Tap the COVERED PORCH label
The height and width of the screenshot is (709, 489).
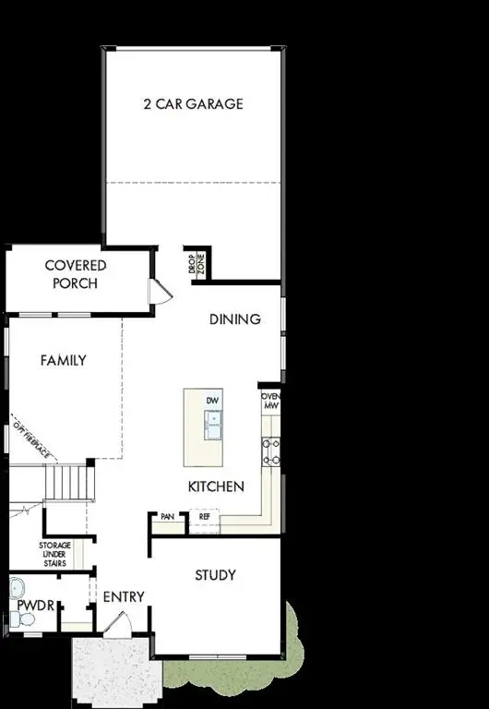[76, 274]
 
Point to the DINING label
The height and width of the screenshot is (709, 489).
[235, 319]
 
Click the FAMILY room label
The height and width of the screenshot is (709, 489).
[63, 360]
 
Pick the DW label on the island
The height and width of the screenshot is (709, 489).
[213, 401]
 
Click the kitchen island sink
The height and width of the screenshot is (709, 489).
[214, 427]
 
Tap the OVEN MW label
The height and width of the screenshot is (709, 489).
[271, 401]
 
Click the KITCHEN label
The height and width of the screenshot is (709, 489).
[216, 487]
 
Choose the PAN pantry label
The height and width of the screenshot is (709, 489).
[168, 517]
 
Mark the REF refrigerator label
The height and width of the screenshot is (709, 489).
[205, 517]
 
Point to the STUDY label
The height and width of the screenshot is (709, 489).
[215, 575]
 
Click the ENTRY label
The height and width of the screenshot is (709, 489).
[124, 597]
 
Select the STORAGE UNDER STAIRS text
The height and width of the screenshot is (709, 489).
[55, 554]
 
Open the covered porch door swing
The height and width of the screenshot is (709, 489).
[161, 293]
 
